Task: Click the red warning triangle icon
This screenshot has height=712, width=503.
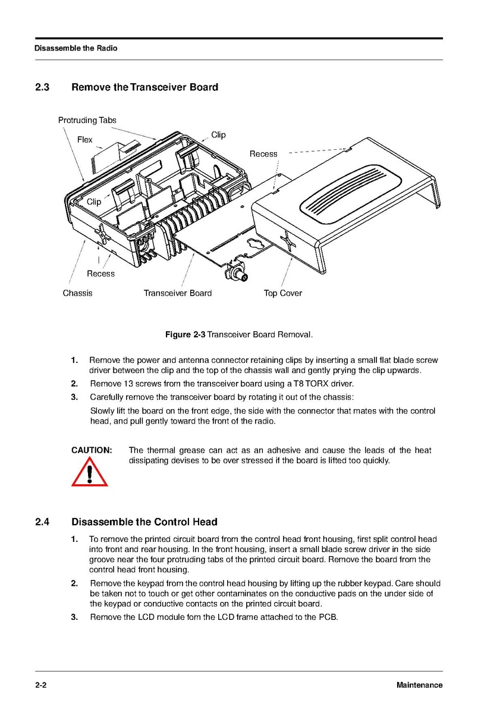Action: pos(90,473)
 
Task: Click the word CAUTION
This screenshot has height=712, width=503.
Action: pos(92,450)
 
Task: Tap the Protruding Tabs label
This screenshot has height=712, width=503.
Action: pos(87,120)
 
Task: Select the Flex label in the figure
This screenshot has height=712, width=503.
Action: pos(85,140)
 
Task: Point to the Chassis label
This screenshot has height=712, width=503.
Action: pos(77,293)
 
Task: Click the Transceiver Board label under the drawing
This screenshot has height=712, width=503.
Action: pos(177,293)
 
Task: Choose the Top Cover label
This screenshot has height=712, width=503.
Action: pos(282,293)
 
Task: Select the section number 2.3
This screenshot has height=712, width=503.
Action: pos(42,87)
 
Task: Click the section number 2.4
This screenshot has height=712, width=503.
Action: pos(42,522)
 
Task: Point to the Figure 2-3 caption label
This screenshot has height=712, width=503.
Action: pos(185,335)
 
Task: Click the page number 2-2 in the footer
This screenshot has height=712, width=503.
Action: pos(40,685)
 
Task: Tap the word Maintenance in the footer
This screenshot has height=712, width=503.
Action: pos(419,685)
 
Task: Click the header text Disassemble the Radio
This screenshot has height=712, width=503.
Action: pos(76,48)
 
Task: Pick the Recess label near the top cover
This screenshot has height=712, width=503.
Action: pos(263,154)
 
